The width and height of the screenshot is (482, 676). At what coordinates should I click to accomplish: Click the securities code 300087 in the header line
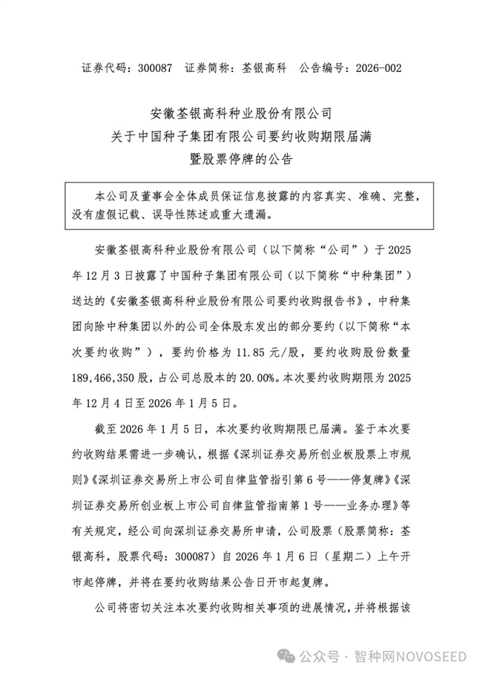[x=154, y=68]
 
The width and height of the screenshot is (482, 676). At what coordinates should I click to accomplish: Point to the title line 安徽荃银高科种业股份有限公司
[x=242, y=114]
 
